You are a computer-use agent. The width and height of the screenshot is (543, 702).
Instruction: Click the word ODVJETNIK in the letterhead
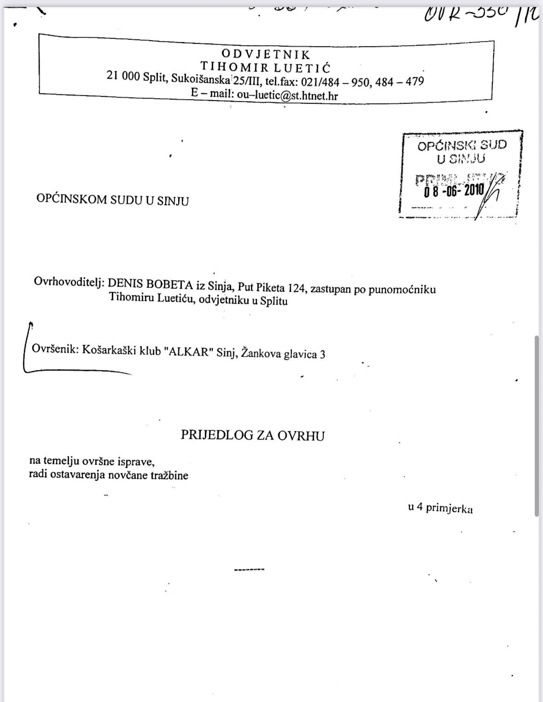(266, 55)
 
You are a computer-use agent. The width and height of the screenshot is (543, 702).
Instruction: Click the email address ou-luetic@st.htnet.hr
(287, 95)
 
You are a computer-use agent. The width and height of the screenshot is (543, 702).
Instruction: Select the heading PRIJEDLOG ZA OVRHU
(252, 436)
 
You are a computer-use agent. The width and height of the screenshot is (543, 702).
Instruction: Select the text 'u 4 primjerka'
(440, 508)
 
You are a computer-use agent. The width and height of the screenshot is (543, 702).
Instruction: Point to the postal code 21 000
(123, 77)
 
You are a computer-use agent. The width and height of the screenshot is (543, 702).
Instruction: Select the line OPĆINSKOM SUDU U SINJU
(112, 200)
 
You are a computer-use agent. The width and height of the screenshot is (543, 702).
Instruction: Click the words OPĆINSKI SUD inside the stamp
(461, 146)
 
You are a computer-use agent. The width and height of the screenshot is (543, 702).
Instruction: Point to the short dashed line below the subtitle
(249, 570)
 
